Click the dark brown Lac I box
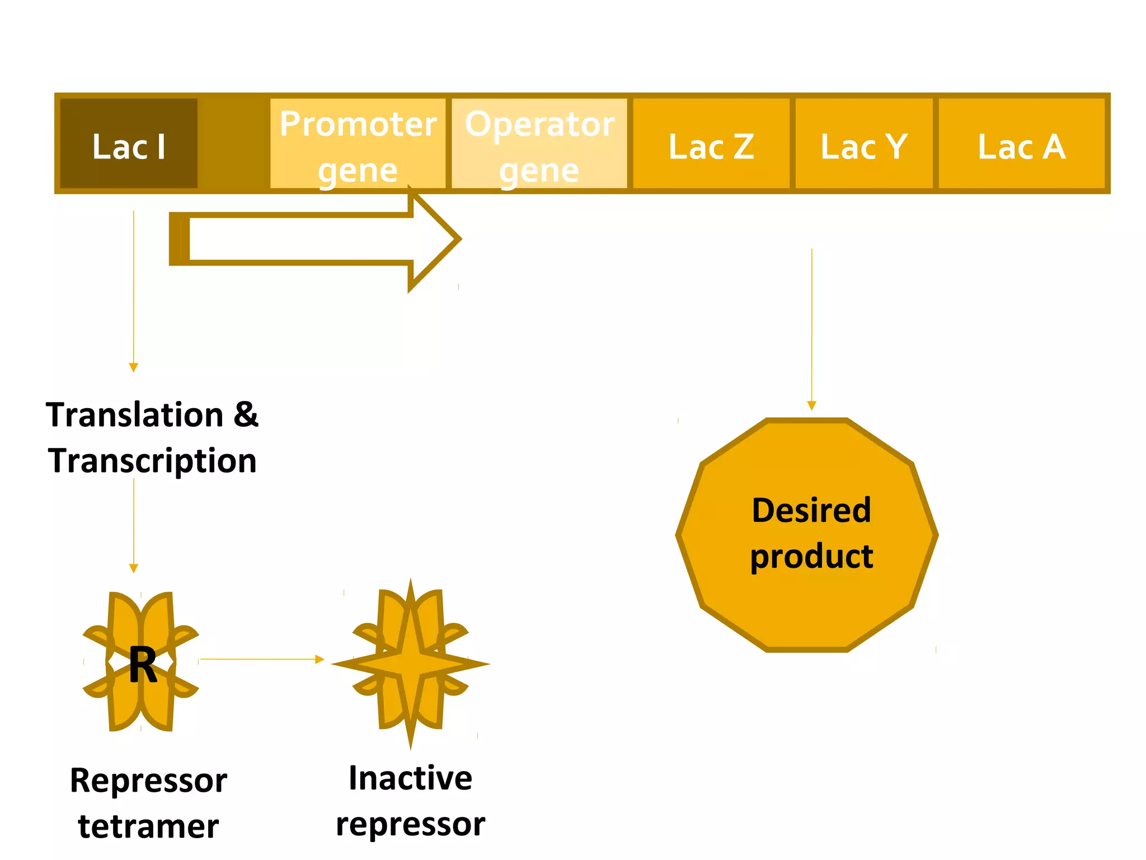129,144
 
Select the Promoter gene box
358,144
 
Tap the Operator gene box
539,144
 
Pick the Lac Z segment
711,144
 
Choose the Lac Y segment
864,144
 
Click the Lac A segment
1022,144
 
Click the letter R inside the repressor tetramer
143,665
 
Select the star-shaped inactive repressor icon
410,663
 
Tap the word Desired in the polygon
811,511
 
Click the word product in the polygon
811,557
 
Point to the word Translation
135,415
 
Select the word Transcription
152,461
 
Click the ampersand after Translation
246,415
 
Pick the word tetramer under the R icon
148,826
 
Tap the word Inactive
410,778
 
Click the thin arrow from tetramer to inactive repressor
262,660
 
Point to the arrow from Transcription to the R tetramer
134,524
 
